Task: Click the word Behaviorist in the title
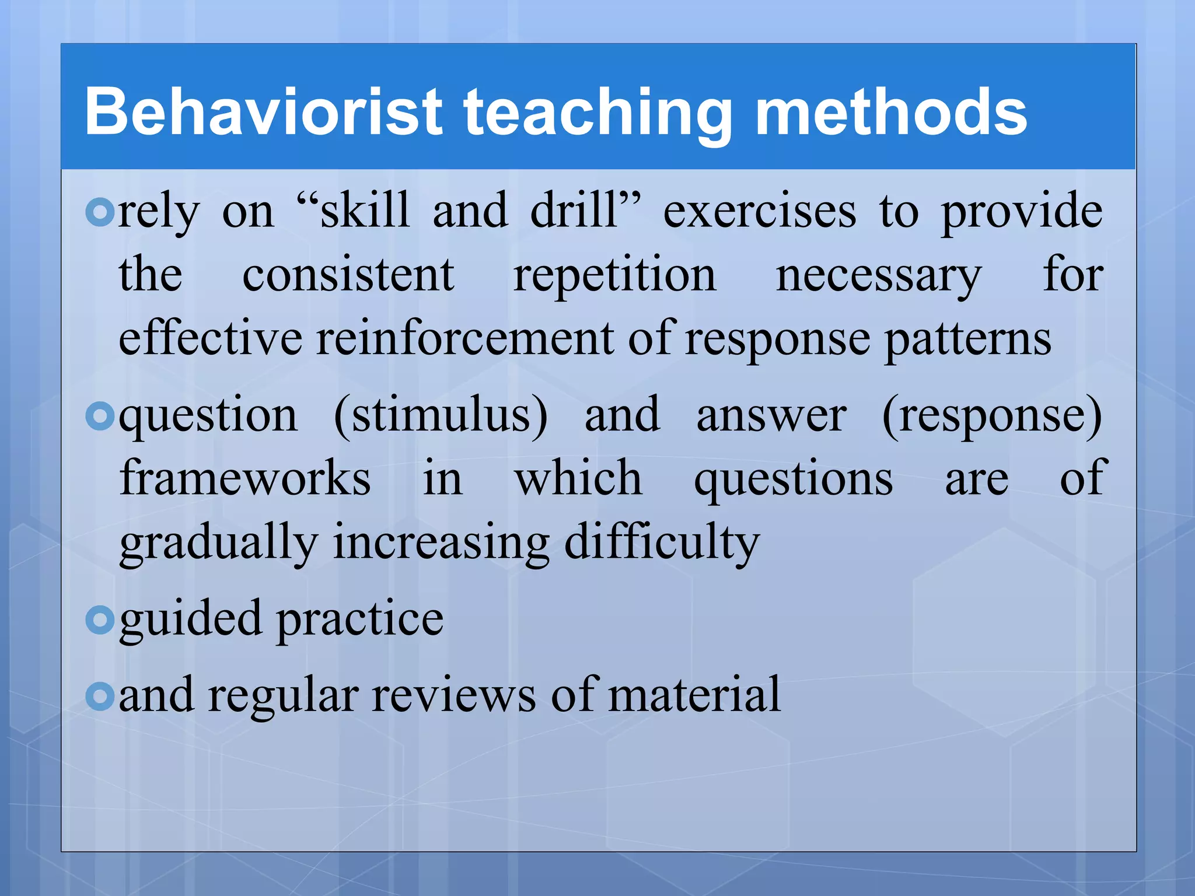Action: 263,112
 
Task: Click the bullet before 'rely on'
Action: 100,212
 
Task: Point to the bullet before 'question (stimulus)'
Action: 100,416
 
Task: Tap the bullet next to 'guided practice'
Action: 100,620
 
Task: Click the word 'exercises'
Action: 760,211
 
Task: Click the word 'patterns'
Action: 968,339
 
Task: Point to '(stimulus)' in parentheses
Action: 441,415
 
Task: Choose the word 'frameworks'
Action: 245,478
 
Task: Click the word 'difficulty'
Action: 662,542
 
